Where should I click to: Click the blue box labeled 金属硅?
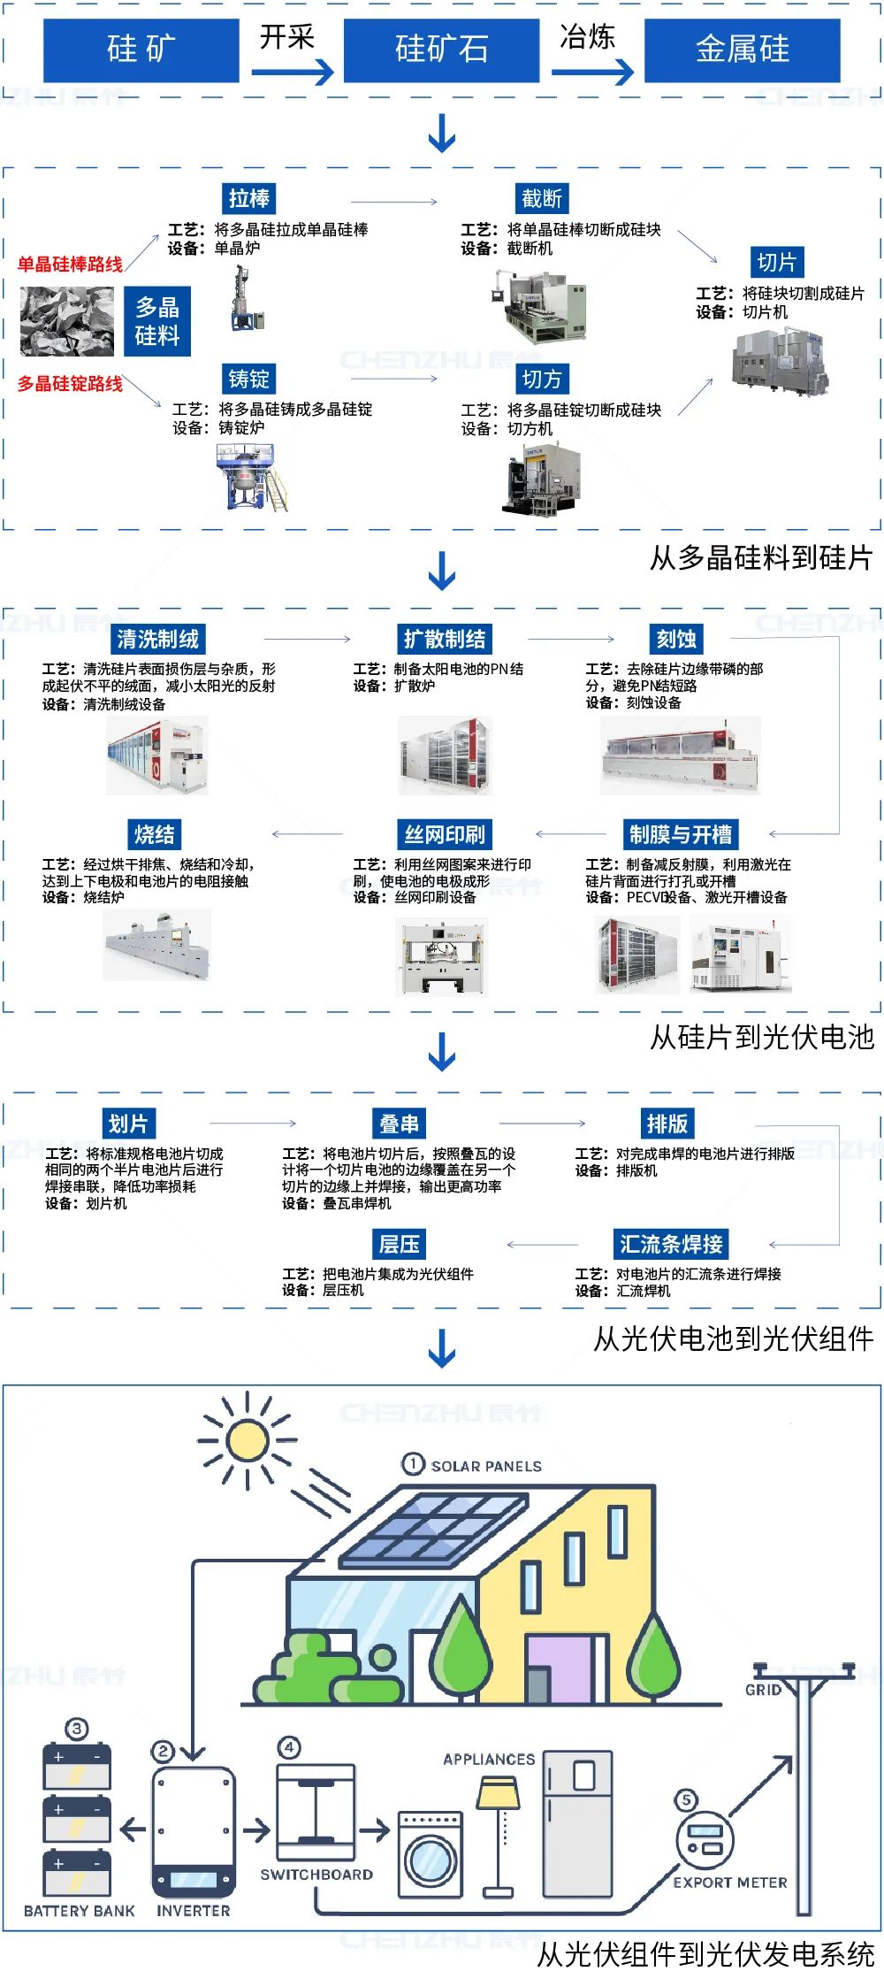[742, 50]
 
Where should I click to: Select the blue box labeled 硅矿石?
[441, 50]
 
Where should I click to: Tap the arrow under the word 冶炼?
[593, 71]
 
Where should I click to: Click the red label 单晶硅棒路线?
[70, 264]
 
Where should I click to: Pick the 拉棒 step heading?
[249, 198]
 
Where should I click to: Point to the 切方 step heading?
[542, 379]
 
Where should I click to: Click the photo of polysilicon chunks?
[67, 320]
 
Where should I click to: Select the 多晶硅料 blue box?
[157, 321]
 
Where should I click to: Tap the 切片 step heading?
[777, 262]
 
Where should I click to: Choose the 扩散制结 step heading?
[445, 639]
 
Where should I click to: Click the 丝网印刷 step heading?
[445, 834]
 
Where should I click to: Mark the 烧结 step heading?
[155, 834]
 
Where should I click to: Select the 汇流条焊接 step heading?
[671, 1244]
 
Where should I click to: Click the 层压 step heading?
[400, 1244]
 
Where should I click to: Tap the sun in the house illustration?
[247, 1441]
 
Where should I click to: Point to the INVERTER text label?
[194, 1910]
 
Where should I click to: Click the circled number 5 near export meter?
[686, 1799]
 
